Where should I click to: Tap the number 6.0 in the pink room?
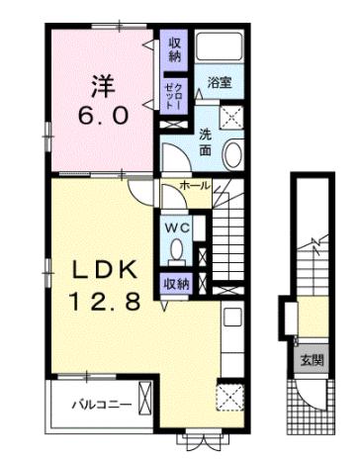(x=98, y=114)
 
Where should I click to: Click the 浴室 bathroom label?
(x=219, y=84)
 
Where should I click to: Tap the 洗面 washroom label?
(x=204, y=142)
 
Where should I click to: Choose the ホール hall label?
(x=193, y=186)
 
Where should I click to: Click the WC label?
(x=176, y=227)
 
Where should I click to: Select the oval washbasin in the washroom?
(x=234, y=154)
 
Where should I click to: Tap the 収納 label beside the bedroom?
(x=174, y=49)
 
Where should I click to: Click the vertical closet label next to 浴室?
(x=174, y=96)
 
